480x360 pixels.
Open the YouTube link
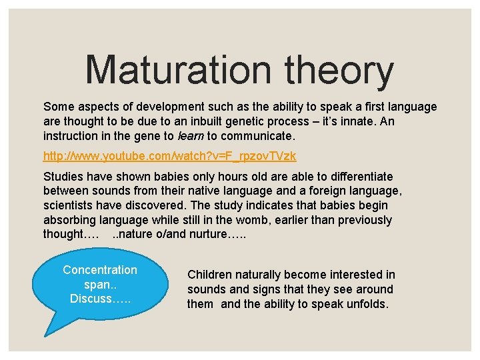(169, 156)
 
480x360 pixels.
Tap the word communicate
(257, 135)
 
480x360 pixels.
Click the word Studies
(63, 177)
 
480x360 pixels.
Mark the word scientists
(68, 205)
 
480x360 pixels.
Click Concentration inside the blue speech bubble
(99, 270)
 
